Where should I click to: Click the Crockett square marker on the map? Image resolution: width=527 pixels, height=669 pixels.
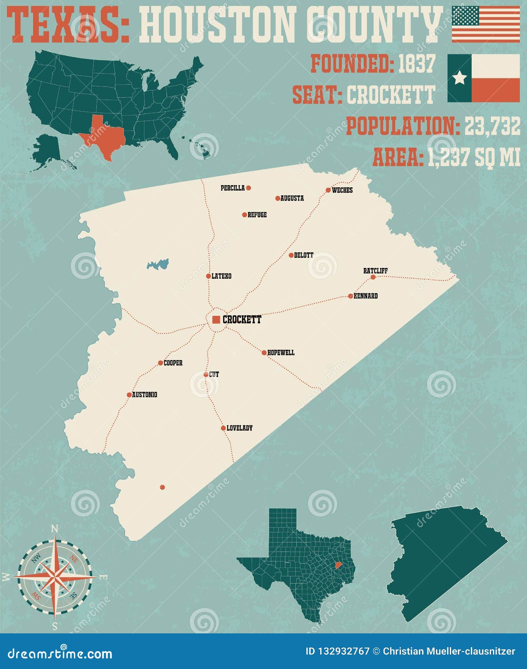pos(216,319)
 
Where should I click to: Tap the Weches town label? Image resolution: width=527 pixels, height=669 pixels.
pos(342,190)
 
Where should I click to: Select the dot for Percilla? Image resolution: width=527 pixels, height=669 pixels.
pos(248,188)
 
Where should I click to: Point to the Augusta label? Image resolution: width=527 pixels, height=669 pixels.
pos(292,198)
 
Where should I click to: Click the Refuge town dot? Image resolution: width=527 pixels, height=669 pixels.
pos(244,215)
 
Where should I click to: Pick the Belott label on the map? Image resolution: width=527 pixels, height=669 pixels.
pos(304,255)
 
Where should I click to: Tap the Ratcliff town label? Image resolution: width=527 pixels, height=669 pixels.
pos(375,271)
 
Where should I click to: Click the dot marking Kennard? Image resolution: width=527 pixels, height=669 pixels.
pos(350,296)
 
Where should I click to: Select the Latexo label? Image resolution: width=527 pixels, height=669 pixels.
pos(221,276)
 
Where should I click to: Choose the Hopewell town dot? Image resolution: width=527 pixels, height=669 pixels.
pos(264,352)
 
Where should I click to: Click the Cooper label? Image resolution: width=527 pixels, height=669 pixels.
pos(173,363)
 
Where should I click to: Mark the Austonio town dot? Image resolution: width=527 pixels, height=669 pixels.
pos(129,395)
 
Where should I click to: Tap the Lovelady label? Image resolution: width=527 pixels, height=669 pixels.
pos(240,428)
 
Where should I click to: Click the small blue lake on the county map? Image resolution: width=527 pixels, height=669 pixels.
pos(158,264)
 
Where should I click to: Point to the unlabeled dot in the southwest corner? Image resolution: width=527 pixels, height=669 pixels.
pos(162,487)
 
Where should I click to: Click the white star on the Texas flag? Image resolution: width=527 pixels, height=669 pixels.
pos(459,78)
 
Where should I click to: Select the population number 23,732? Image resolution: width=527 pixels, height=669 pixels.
pos(492,127)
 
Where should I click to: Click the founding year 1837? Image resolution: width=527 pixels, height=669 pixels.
pos(416,64)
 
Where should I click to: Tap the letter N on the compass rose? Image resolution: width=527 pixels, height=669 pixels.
pos(55,529)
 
